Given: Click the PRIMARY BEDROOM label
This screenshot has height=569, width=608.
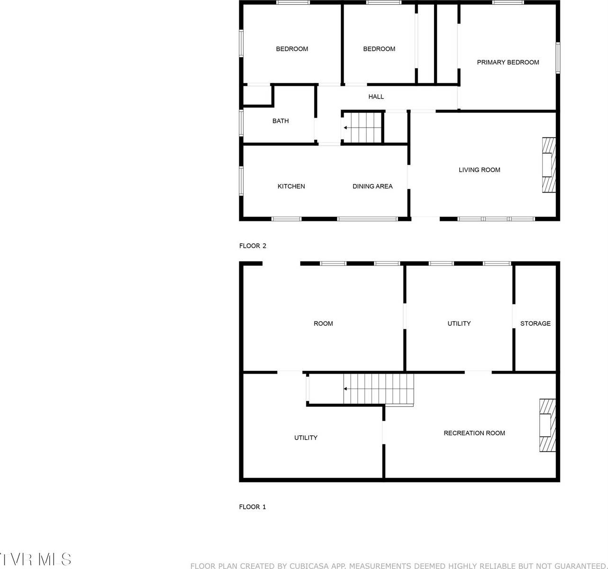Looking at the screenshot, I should coord(508,62).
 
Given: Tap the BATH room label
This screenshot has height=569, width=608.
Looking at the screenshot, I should coord(280,121).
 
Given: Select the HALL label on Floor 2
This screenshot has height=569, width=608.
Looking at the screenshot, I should coord(376,97).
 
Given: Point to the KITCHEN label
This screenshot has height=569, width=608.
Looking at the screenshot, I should coord(291,186).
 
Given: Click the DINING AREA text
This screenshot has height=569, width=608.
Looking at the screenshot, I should coord(372,186).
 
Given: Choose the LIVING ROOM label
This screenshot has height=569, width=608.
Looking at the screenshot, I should coord(479,170).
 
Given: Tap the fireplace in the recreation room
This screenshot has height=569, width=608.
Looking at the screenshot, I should coord(546,425).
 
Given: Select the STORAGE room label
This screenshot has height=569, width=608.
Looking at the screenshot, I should coord(535,323).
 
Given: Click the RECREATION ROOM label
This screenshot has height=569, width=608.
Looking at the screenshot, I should coord(474,433).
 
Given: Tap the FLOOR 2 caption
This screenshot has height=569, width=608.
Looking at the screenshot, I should coord(253,246).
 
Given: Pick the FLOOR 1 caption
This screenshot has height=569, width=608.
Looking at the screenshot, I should coord(252,507).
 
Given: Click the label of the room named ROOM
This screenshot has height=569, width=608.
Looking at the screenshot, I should coord(323,323).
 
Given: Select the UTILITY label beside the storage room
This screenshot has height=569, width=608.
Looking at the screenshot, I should coord(459,323).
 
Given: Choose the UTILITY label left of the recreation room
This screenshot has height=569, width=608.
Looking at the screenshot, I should coord(306,438).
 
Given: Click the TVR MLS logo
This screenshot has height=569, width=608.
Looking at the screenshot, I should coord(36,559).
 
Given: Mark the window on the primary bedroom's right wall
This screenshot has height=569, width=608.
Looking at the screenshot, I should coord(558,58).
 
